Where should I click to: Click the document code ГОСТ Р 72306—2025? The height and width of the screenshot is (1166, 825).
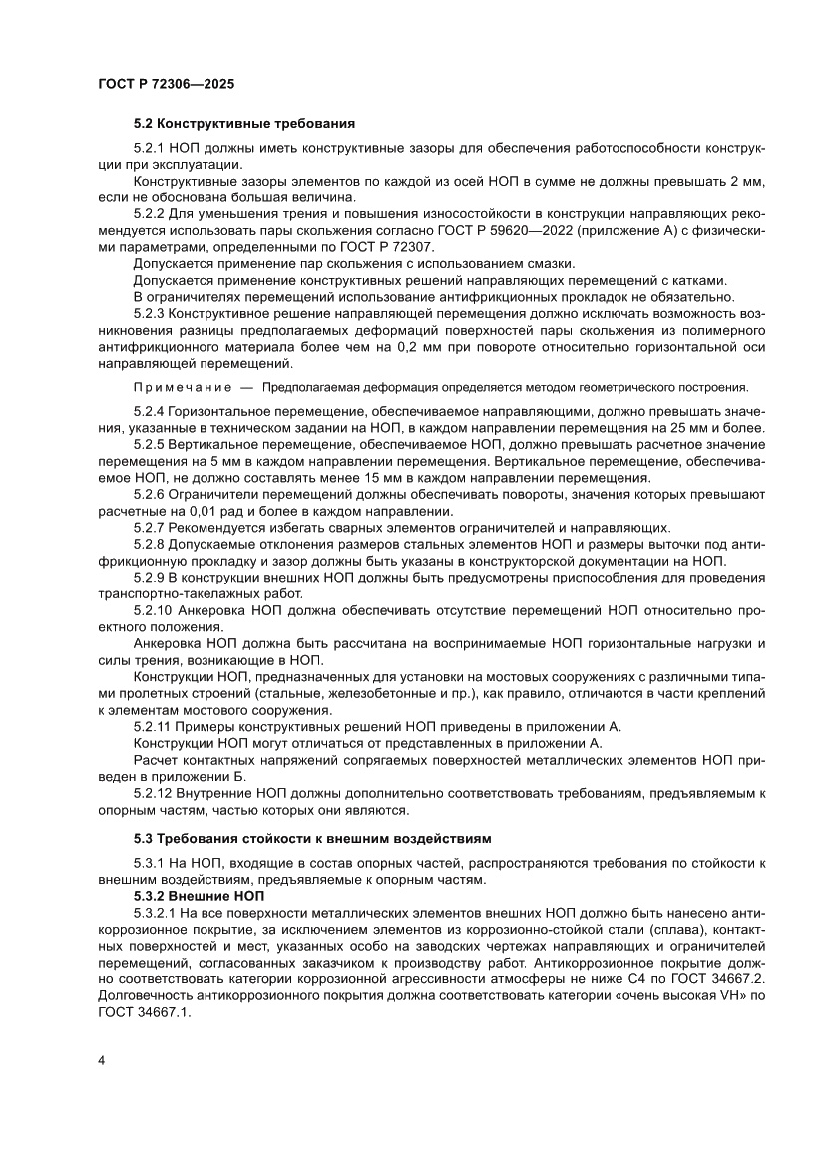167,85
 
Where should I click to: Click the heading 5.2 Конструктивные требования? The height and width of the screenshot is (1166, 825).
244,125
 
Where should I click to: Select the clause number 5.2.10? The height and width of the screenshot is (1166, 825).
154,610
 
